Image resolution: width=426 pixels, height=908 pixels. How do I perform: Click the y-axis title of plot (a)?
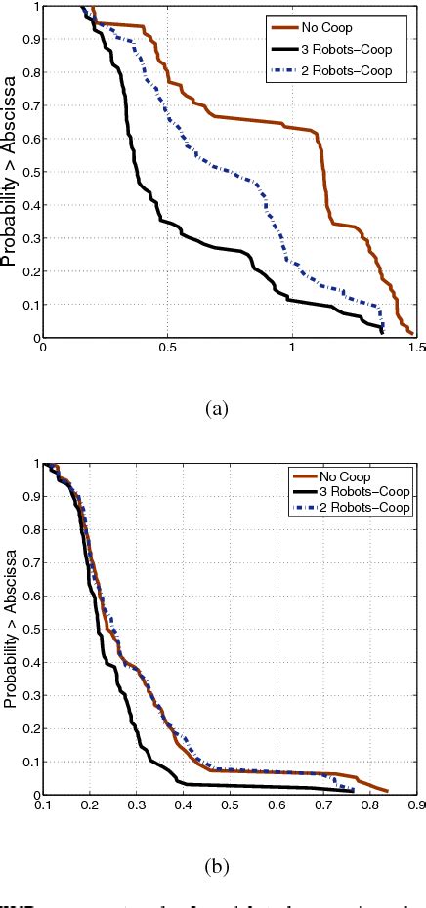click(11, 172)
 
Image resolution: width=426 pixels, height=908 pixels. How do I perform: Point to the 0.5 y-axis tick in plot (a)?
click(29, 172)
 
